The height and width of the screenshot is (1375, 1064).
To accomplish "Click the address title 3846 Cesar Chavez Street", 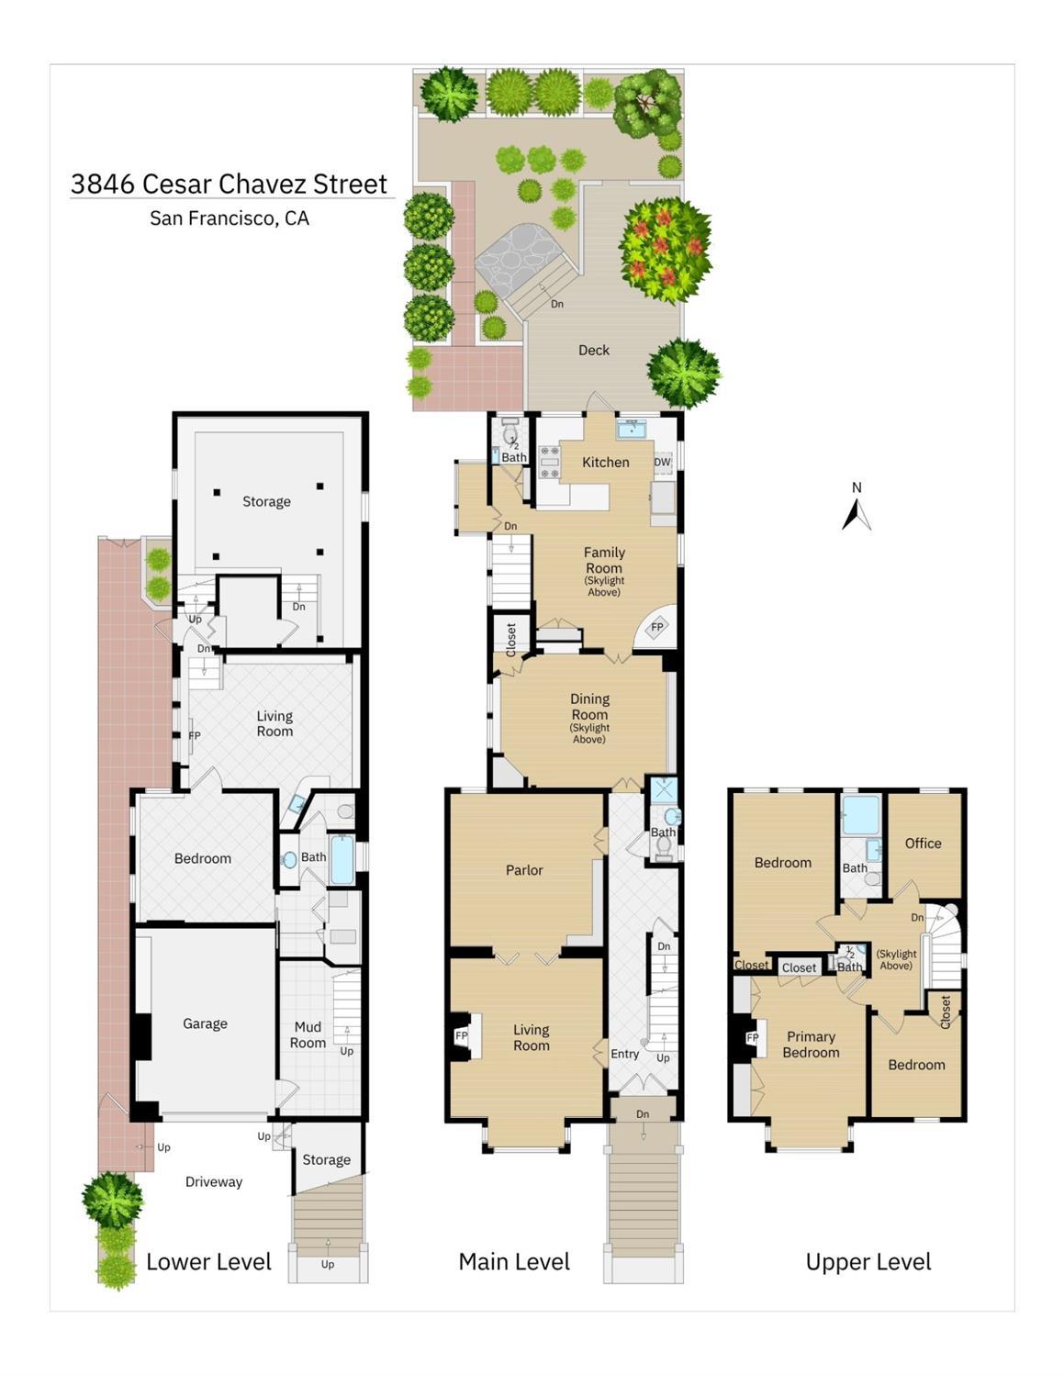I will (230, 184).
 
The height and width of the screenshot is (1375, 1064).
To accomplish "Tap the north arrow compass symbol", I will (857, 512).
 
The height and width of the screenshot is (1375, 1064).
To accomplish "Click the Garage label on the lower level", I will (205, 1023).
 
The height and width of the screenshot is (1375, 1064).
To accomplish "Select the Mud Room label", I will (308, 1034).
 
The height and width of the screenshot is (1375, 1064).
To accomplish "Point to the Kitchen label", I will (606, 462).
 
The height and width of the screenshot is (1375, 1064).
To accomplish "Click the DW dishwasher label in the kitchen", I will (662, 462).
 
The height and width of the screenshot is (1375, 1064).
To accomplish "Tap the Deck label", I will (594, 350).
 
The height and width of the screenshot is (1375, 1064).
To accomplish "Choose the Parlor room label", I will (524, 869).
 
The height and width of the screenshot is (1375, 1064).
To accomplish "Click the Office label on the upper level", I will (923, 843).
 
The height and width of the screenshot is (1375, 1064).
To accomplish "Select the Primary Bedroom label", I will (811, 1045).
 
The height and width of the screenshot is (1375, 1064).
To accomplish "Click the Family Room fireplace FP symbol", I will (657, 628).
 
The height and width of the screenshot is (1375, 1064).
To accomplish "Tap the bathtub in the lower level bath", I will (342, 860).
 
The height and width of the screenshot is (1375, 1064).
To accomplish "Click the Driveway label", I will (214, 1181).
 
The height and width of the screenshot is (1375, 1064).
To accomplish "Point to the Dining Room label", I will (589, 707).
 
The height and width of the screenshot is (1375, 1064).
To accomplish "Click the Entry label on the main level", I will (625, 1054).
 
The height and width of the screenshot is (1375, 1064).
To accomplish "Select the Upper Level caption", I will (868, 1262).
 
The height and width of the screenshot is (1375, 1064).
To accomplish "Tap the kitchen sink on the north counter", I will (631, 430).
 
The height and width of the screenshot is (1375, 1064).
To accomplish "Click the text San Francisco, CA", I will (230, 218).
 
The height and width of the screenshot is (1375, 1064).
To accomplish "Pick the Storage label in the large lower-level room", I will (266, 501).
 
